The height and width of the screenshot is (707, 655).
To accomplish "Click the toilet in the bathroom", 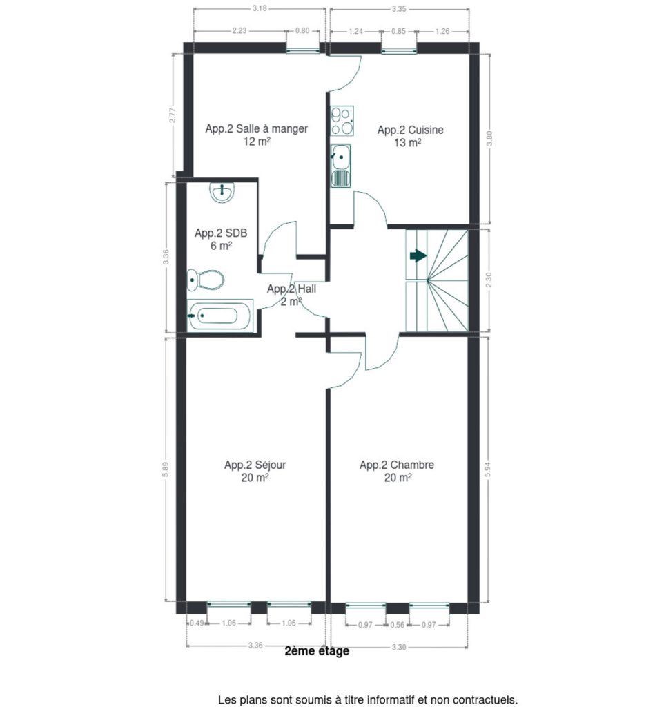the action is [x=205, y=280].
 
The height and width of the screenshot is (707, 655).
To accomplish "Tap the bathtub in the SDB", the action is [x=220, y=316].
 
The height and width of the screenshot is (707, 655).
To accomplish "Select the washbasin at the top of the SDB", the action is [x=222, y=193].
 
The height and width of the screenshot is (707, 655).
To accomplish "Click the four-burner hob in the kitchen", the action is [x=342, y=121].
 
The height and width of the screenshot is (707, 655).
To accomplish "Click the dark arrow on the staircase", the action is [x=418, y=256].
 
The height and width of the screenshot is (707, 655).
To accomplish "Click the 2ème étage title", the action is [x=317, y=651].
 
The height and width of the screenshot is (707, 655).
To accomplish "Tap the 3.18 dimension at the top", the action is [x=260, y=8].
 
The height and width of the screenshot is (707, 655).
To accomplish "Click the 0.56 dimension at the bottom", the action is [x=397, y=625].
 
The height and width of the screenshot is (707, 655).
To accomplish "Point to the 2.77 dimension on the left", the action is [x=172, y=115].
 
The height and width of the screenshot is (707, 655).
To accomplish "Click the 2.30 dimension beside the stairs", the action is [x=489, y=280].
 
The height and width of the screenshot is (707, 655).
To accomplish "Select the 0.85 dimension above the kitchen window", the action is [x=398, y=31].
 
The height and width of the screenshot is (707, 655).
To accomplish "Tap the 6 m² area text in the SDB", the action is [x=221, y=246].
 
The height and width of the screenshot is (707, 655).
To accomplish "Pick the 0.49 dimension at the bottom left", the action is [x=197, y=623].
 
